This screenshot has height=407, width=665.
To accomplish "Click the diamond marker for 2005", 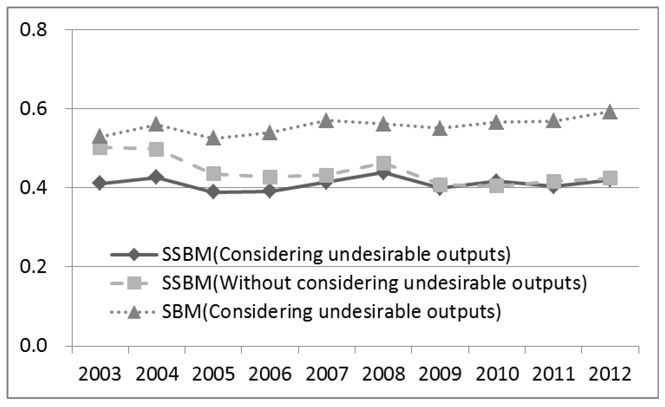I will pos(213,192).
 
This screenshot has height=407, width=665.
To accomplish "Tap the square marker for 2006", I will pos(270,177).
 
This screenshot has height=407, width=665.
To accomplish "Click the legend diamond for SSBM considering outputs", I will pos(134,254).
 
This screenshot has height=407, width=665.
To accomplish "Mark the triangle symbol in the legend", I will pos(134,312).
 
